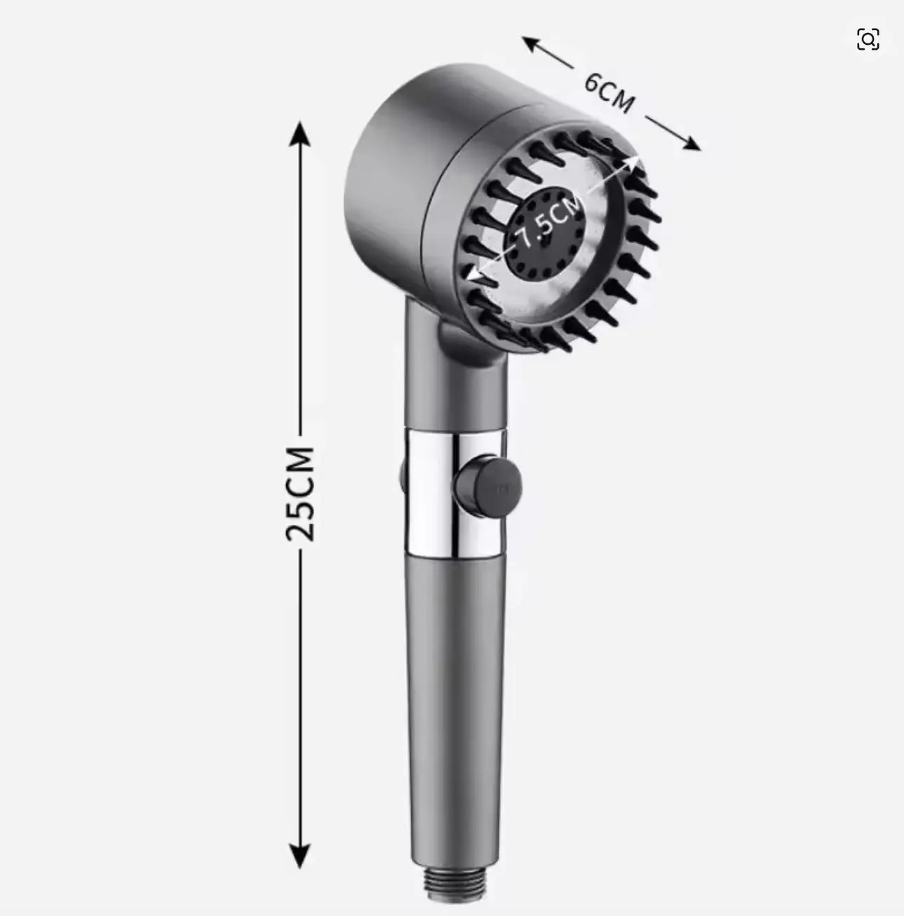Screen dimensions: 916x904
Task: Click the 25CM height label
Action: click(300, 492)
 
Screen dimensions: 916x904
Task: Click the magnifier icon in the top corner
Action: click(868, 40)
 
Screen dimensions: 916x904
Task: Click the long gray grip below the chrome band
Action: click(452, 687)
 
